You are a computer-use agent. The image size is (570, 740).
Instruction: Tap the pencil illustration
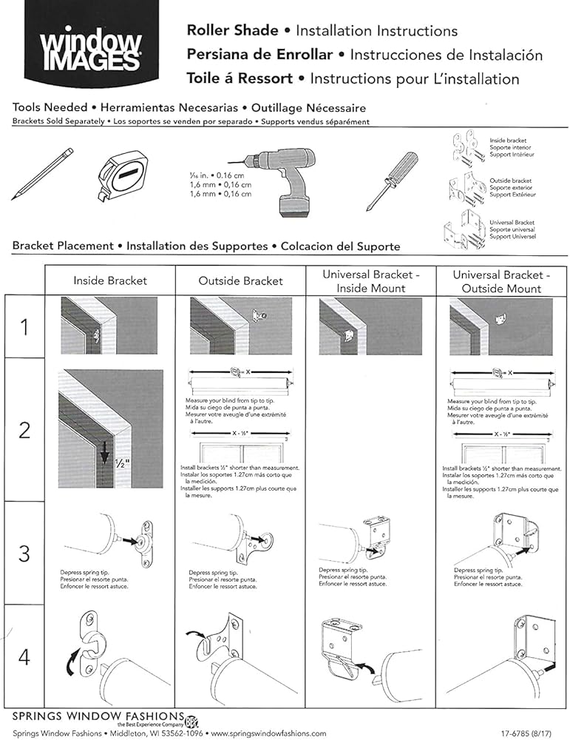tap(43, 175)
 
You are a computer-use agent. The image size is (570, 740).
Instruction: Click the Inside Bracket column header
tap(110, 281)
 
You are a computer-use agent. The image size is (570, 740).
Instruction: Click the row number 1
tap(24, 326)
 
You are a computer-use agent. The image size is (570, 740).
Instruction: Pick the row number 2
tap(24, 430)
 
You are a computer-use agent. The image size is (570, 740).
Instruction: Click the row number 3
tap(24, 553)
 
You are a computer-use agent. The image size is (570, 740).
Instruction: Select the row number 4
tap(24, 656)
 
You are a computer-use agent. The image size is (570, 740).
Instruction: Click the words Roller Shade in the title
tap(232, 31)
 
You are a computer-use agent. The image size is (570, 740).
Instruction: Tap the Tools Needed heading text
tap(50, 107)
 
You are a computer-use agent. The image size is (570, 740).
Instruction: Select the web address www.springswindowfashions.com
tap(268, 733)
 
